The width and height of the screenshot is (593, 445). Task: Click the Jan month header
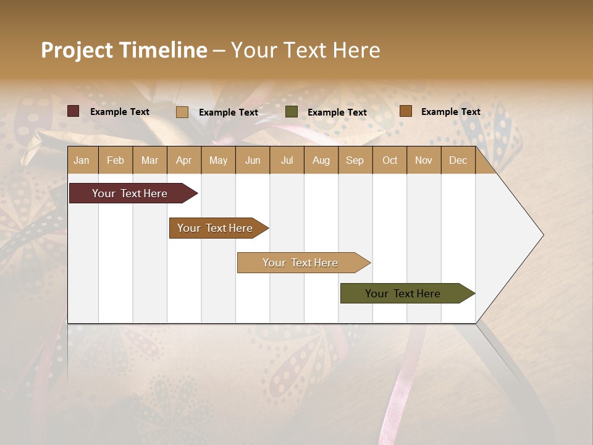[82, 160]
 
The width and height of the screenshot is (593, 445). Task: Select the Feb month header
[116, 160]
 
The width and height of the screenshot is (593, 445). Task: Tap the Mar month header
[149, 160]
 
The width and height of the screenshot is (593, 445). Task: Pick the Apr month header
[184, 160]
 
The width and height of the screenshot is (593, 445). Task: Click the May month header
[218, 160]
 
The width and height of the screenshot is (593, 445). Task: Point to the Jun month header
[253, 160]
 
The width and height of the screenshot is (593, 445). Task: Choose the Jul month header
[287, 160]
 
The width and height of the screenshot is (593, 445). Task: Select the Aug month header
[321, 160]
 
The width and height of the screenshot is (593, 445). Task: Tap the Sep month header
[355, 160]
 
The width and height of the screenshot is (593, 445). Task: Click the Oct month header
[390, 160]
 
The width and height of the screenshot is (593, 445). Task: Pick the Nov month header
[424, 160]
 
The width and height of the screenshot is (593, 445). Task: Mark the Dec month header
[458, 160]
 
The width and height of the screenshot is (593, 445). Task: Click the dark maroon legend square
[74, 111]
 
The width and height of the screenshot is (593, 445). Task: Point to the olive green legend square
[292, 112]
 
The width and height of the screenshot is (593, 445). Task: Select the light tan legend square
[182, 112]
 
